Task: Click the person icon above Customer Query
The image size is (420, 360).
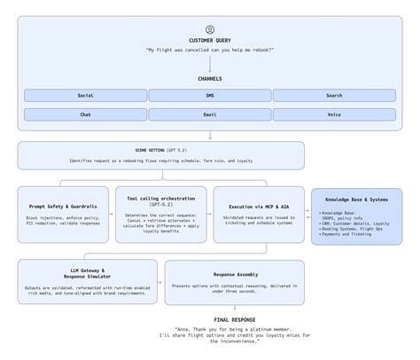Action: point(210,29)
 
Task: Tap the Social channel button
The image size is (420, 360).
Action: point(85,95)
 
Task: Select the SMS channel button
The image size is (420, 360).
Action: point(210,95)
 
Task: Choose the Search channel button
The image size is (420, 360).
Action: point(333,95)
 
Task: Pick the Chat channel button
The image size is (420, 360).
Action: point(85,114)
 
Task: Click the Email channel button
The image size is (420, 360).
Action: point(210,114)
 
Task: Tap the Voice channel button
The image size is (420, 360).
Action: point(333,114)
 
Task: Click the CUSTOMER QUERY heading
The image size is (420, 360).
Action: point(210,41)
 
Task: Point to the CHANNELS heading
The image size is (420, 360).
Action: point(210,79)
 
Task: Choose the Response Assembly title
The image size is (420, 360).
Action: point(234,277)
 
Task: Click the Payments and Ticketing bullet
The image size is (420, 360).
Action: point(346,234)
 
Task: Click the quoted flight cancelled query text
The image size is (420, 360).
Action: point(210,50)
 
